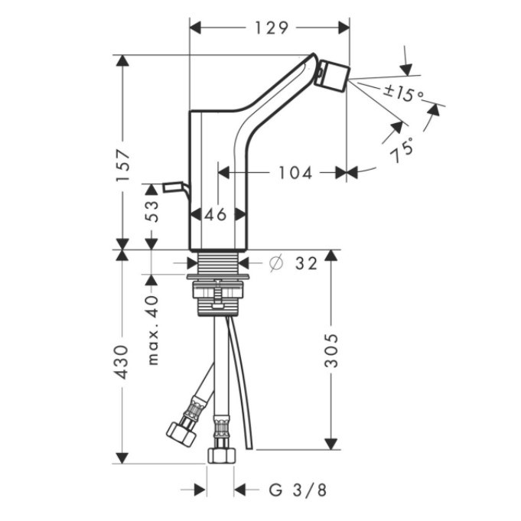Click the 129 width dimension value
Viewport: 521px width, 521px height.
pyautogui.click(x=271, y=28)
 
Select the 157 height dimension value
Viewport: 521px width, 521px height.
pyautogui.click(x=122, y=165)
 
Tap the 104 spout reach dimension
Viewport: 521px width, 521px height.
pyautogui.click(x=295, y=173)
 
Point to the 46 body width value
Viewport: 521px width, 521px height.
pyautogui.click(x=215, y=215)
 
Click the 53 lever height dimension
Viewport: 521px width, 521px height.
pyautogui.click(x=151, y=210)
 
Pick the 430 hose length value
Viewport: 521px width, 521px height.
pyautogui.click(x=121, y=362)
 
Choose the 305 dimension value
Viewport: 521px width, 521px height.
pyautogui.click(x=331, y=351)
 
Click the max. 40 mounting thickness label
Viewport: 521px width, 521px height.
pyautogui.click(x=152, y=330)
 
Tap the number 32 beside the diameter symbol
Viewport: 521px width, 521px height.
pyautogui.click(x=306, y=264)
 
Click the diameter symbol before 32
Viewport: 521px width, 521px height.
pyautogui.click(x=276, y=263)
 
